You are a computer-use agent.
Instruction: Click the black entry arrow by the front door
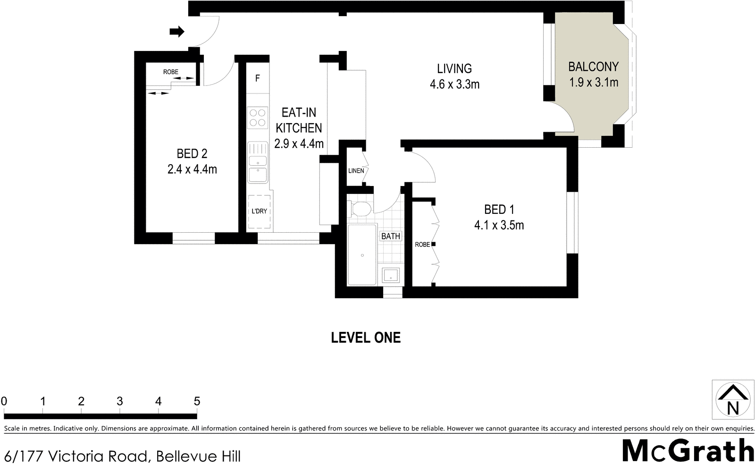(177, 32)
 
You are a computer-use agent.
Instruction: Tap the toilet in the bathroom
(361, 209)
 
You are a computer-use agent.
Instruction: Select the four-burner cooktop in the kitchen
(257, 118)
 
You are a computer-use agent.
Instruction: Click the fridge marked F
(258, 78)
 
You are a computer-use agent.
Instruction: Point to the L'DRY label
(259, 211)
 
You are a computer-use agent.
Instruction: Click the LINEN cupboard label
(356, 170)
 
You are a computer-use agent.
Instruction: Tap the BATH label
(391, 236)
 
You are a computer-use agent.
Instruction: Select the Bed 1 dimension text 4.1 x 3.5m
(499, 225)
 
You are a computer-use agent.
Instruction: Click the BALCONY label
(593, 67)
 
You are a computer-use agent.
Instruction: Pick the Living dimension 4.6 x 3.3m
(454, 84)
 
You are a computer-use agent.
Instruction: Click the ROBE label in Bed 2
(171, 72)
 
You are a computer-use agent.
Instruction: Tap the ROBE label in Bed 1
(422, 245)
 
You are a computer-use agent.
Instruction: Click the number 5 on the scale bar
(197, 402)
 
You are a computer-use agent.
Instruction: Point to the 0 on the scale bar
(4, 402)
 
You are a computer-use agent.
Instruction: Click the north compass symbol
(732, 399)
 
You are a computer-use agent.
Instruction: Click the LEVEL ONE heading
(366, 337)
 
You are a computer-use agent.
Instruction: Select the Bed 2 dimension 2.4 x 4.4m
(192, 169)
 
